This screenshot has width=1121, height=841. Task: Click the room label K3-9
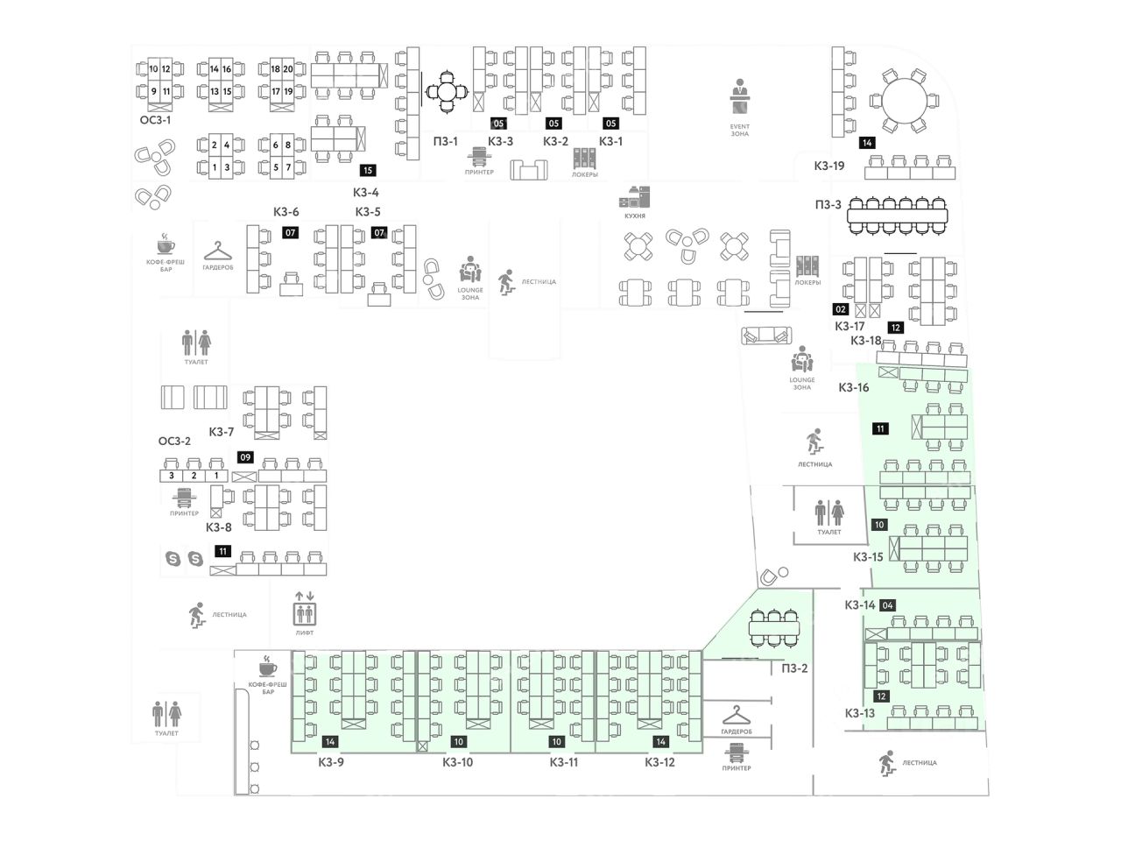(x=331, y=762)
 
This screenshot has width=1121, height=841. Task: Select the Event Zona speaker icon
(x=740, y=97)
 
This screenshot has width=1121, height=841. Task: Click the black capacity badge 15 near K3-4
(x=368, y=171)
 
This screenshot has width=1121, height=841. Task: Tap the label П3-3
(x=828, y=205)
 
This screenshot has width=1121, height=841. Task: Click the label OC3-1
(x=156, y=120)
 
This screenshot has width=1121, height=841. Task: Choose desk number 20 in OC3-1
(x=287, y=69)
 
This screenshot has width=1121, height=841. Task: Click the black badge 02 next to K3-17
(x=841, y=309)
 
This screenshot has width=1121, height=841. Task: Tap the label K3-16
(x=854, y=387)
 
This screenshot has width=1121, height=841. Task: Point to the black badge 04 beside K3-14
(x=888, y=605)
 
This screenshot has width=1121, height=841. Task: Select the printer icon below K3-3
(x=479, y=159)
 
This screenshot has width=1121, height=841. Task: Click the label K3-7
(x=222, y=432)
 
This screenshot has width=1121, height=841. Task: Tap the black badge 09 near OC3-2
(x=246, y=457)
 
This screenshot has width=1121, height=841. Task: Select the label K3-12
(x=660, y=762)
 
